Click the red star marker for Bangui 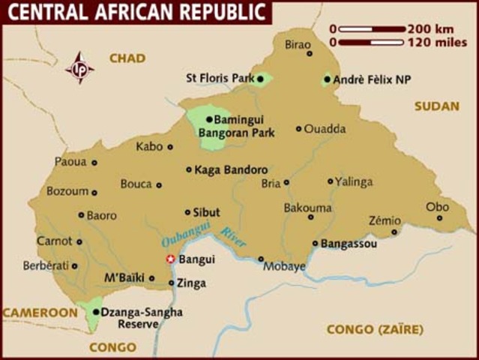click(170, 259)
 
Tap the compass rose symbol click(79, 67)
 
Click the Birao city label click(297, 45)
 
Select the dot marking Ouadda click(298, 129)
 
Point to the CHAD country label click(127, 58)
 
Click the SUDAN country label click(436, 106)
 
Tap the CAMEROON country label click(39, 312)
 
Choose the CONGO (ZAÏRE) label click(375, 329)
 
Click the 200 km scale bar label click(429, 29)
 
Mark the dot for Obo click(439, 218)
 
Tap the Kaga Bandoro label click(231, 170)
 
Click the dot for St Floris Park click(260, 78)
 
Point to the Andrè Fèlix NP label click(373, 79)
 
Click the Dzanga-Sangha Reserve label click(141, 318)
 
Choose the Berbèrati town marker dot click(74, 265)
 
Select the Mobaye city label click(287, 266)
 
